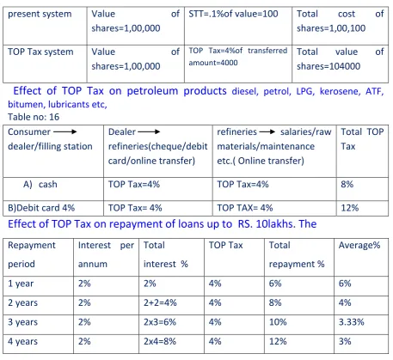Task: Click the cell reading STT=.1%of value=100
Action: tap(233, 14)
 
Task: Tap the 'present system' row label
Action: tap(40, 14)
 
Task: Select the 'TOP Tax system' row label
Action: tap(40, 52)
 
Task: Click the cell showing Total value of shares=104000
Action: tap(341, 59)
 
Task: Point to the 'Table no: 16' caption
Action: tap(34, 117)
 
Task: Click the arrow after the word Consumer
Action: tap(65, 131)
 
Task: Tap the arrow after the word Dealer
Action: tap(149, 131)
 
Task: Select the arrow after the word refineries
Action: tap(267, 131)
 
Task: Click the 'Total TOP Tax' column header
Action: tap(362, 139)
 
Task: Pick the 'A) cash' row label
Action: tap(40, 184)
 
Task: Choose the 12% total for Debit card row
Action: tap(350, 208)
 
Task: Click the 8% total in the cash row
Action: tap(347, 184)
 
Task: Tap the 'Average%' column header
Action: tap(359, 245)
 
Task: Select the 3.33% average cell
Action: tap(352, 322)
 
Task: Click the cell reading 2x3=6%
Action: tap(160, 322)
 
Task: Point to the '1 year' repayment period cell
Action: tap(21, 284)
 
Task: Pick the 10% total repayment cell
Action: tap(278, 322)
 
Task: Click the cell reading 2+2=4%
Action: tap(160, 302)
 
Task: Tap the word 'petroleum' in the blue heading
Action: tap(152, 91)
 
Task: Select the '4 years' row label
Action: tap(22, 341)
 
